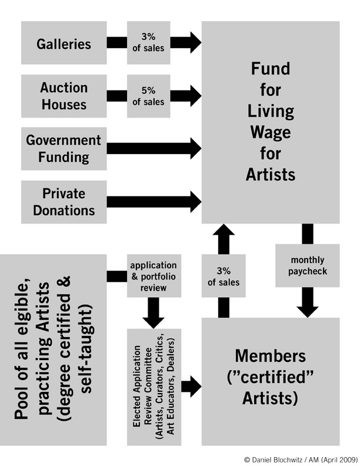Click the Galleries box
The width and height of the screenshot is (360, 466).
coord(64,43)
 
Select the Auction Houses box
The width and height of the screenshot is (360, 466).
coord(64,96)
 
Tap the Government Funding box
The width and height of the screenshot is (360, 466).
coord(64,149)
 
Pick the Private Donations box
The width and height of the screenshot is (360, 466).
coord(64,202)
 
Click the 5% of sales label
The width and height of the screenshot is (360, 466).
coord(148,96)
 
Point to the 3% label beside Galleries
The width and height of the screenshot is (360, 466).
coord(148,43)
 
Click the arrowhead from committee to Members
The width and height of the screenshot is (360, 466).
coord(193,386)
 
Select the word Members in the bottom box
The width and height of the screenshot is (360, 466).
coord(271,357)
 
